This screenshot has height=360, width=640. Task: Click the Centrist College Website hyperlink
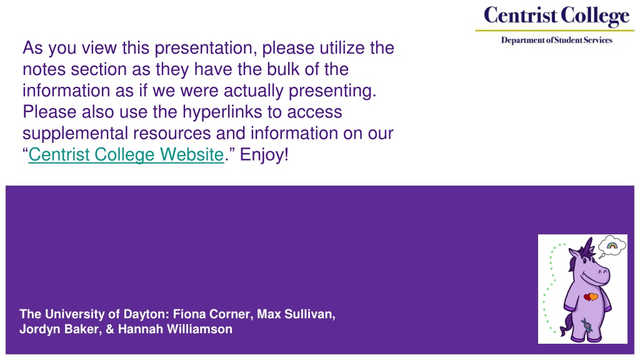coord(126,155)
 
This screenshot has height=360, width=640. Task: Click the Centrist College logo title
coord(556,16)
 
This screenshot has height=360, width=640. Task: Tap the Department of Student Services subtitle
coord(557,40)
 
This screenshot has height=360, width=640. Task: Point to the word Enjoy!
coord(264,155)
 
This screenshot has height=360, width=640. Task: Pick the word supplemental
coord(75,134)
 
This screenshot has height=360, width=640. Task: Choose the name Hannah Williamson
coord(175,329)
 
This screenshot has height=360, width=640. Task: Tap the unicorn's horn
coord(588,246)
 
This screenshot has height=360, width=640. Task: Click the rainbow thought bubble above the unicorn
coord(612,246)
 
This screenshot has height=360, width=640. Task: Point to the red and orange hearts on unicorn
coord(591,297)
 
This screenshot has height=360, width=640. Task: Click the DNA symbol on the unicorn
coord(586,325)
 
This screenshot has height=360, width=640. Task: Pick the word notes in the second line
coord(44,69)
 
